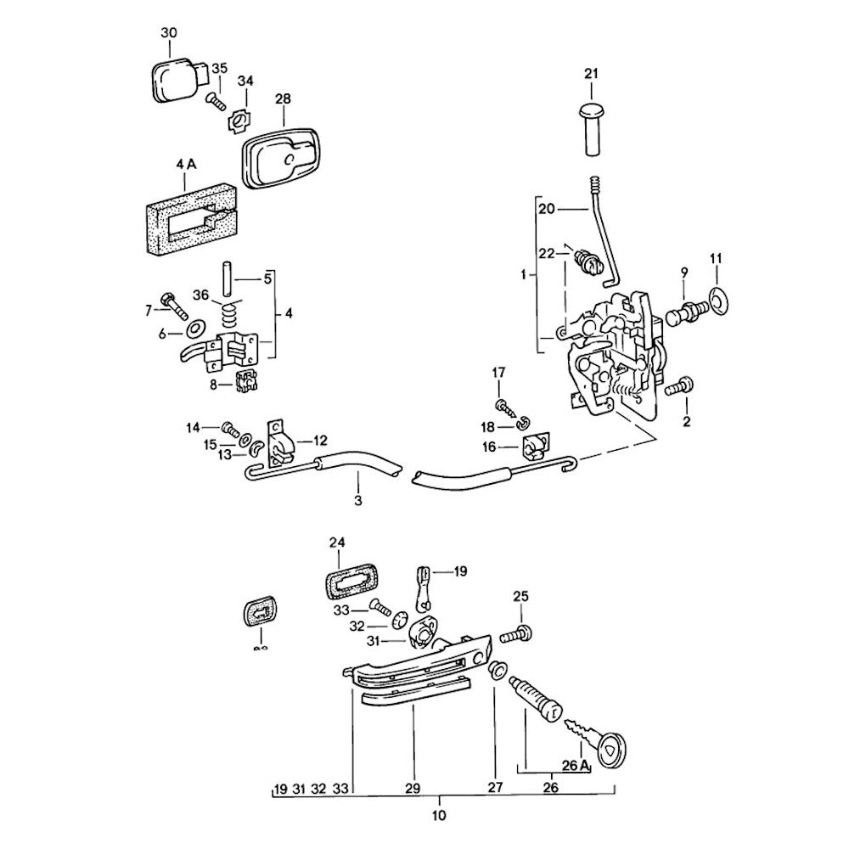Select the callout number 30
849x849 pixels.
(169, 33)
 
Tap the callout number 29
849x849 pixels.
(413, 789)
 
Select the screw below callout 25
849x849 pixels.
(515, 633)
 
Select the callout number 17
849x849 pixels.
(498, 372)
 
